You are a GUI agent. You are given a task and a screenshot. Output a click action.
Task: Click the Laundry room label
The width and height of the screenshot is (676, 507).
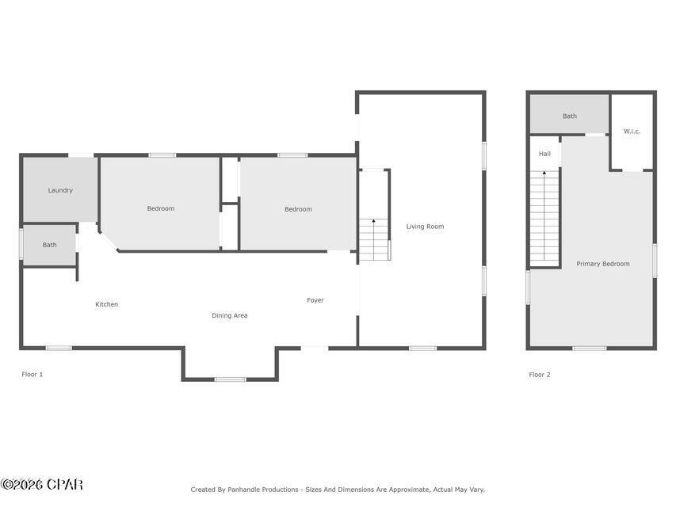pos(60,190)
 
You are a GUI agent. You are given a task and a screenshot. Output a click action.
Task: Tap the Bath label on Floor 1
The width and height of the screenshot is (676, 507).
pos(49,245)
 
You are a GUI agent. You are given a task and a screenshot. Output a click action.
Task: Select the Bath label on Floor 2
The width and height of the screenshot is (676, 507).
pos(570,116)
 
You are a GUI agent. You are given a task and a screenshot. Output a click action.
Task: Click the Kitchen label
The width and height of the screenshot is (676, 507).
pos(107,305)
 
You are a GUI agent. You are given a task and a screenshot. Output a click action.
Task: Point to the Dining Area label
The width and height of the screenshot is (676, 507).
pos(229,316)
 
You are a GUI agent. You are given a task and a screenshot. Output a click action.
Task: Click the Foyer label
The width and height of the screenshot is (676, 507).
pos(315,300)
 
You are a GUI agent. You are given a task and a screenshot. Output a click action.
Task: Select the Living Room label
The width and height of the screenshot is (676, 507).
pos(425,227)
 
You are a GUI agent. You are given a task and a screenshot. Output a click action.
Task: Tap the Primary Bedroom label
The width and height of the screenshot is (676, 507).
pos(603,264)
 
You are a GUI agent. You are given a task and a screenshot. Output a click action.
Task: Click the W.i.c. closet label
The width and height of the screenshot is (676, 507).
pos(632,132)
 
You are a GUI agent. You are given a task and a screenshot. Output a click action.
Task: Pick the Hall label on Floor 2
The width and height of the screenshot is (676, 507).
pos(544,154)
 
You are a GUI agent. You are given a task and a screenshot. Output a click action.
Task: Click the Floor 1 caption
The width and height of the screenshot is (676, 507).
pos(32,374)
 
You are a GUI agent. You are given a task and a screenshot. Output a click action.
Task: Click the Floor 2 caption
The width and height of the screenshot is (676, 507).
pos(540,375)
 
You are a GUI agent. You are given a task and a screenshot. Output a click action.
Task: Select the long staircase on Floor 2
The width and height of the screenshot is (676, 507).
pos(544,219)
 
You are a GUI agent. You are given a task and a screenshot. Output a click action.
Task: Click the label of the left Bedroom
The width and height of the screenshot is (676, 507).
pos(161,209)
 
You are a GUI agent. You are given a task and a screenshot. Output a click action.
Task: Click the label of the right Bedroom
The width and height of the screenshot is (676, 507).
pos(298,209)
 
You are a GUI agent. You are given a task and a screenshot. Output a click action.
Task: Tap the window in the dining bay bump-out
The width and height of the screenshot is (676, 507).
pos(231,379)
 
